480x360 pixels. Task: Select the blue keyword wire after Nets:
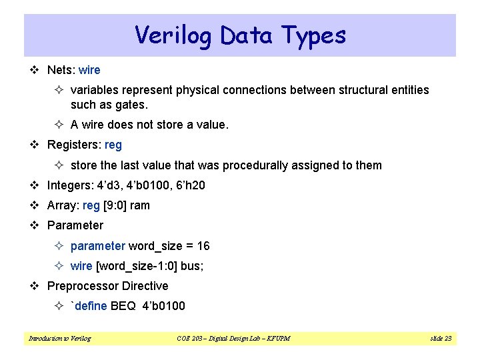[x=89, y=69]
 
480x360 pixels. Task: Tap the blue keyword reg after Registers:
[x=113, y=145]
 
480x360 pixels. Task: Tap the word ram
[x=140, y=205]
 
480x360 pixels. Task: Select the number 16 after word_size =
[x=203, y=246]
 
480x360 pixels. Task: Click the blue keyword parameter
[x=97, y=246]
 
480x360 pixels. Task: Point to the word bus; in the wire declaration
[x=192, y=266]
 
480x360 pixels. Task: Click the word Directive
[x=143, y=286]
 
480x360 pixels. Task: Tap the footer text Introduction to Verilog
[x=59, y=339]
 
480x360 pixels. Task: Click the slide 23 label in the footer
[x=441, y=339]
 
